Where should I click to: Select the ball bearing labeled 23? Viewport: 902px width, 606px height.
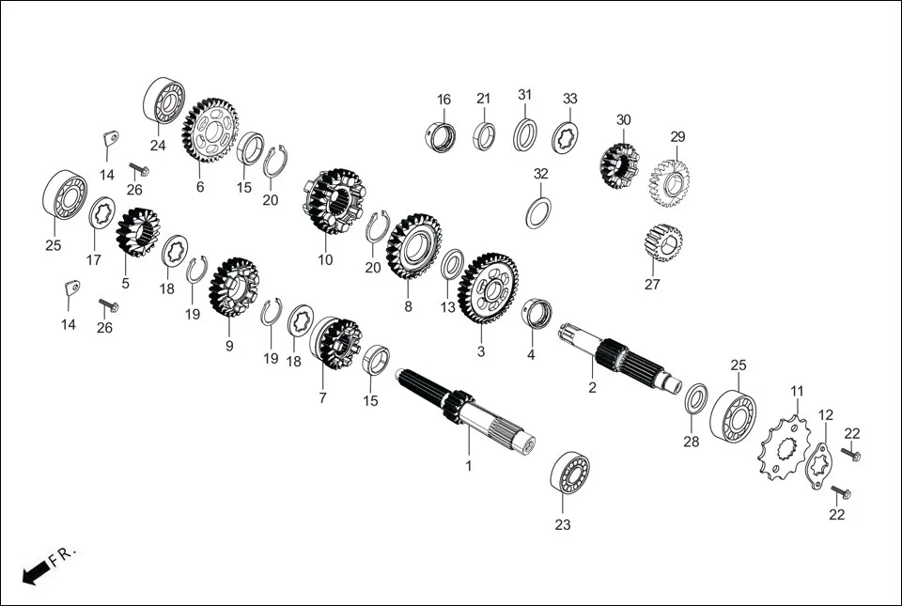(569, 472)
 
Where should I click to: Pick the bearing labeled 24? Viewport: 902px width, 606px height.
(163, 100)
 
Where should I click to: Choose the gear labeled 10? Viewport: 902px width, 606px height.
(334, 201)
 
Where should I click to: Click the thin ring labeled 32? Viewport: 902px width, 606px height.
(538, 212)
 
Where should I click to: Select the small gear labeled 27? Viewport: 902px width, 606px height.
(663, 242)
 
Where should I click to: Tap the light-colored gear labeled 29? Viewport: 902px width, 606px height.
(670, 183)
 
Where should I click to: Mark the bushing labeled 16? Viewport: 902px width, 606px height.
(441, 137)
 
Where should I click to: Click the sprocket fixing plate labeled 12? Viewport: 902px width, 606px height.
(818, 463)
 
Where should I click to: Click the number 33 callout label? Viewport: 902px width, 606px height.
(569, 99)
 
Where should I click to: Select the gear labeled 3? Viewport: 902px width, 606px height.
(488, 287)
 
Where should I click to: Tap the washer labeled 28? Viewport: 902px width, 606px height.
(696, 397)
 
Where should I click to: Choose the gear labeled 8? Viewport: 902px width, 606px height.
(414, 246)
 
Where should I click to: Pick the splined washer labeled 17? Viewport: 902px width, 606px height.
(101, 212)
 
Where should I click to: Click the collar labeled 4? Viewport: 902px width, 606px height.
(537, 314)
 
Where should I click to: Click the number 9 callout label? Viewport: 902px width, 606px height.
(229, 346)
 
